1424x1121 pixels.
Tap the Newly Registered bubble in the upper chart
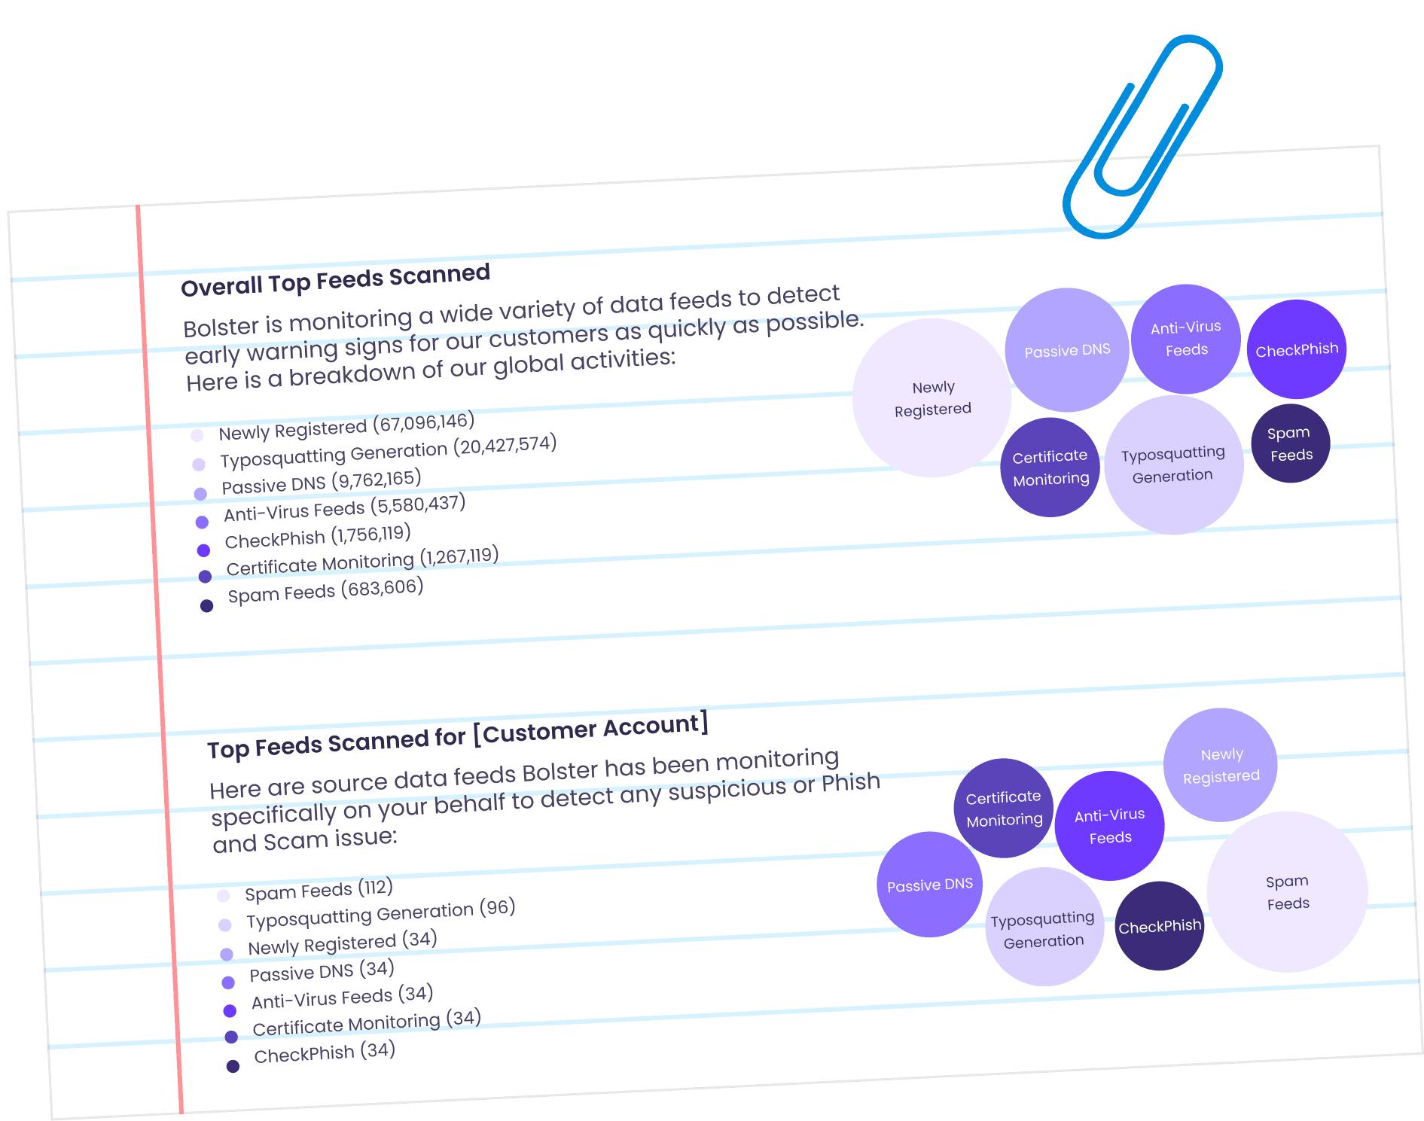coord(932,398)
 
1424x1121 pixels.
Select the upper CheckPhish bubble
coord(1296,349)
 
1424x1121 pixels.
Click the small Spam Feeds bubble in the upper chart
coord(1290,443)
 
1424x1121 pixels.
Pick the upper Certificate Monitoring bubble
coord(1050,468)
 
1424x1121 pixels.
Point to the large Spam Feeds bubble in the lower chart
coord(1287,892)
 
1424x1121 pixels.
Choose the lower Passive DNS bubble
coord(929,885)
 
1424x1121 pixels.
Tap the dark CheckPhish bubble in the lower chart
coord(1159,926)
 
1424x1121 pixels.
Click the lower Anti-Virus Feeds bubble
coord(1109,826)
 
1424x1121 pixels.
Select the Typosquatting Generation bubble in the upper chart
coord(1173,465)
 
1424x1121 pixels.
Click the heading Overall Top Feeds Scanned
coord(335,280)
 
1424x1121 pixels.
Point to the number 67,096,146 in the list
coord(427,423)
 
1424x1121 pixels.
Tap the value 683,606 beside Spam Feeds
coord(383,588)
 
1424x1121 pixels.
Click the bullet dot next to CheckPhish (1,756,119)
coord(203,550)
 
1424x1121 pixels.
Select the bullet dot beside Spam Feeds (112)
coord(223,895)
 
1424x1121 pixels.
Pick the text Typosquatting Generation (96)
coord(380,914)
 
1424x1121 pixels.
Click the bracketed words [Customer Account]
coord(591,728)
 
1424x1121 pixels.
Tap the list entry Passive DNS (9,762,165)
coord(321,482)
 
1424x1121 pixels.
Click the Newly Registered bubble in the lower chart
coord(1221,765)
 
